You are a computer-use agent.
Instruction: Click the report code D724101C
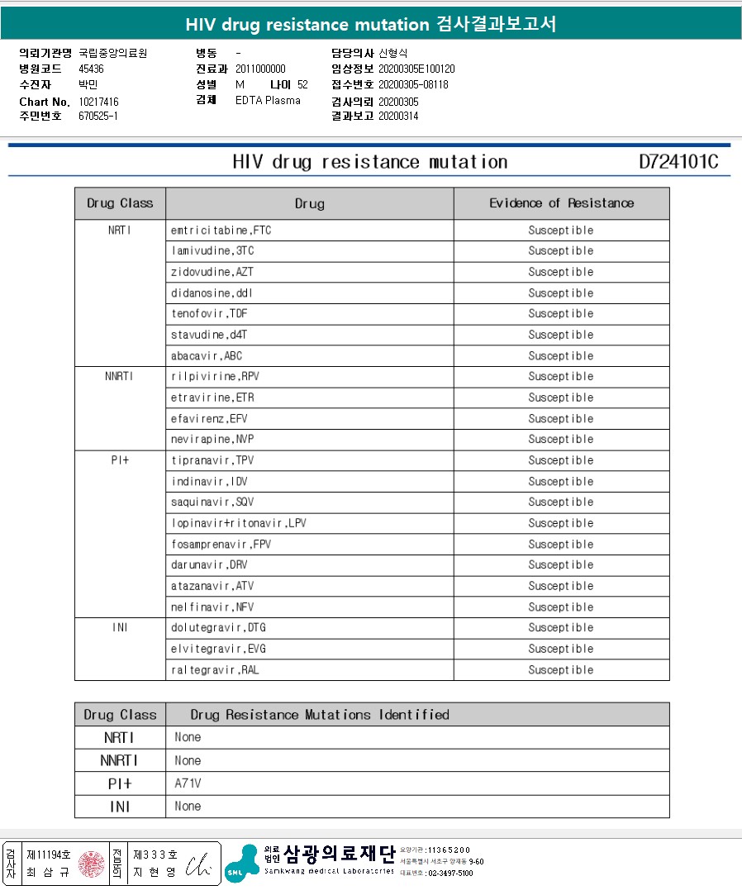pos(678,162)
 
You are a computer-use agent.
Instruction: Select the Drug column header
pos(309,203)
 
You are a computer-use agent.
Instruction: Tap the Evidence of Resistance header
pos(561,203)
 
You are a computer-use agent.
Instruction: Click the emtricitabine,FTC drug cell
pos(221,231)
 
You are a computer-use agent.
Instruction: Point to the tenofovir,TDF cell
pos(209,314)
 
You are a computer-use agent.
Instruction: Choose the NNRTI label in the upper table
pos(119,377)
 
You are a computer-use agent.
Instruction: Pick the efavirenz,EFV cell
pos(209,418)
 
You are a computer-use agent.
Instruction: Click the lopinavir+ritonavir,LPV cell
pos(239,523)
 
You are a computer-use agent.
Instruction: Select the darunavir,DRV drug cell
pos(209,565)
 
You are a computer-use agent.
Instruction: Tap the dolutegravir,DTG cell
pos(215,628)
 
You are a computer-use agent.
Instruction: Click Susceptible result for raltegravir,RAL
pos(561,670)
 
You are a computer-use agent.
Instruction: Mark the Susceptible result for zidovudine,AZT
pos(561,272)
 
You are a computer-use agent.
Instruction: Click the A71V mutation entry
pos(188,783)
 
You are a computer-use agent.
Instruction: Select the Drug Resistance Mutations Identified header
pos(320,715)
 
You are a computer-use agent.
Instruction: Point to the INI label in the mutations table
pos(120,807)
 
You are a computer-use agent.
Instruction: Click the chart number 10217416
pos(98,102)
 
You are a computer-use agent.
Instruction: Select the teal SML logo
pos(241,862)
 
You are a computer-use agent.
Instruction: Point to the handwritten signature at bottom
pos(198,864)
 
